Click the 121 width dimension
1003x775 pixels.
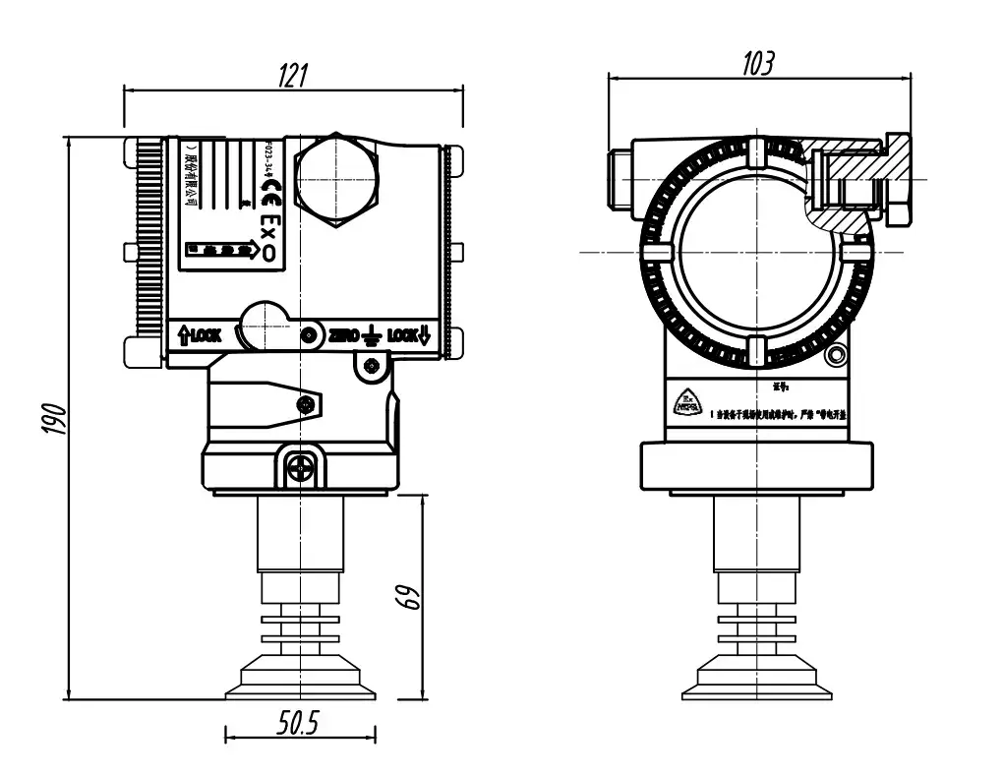tap(293, 75)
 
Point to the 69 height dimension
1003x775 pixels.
tap(410, 596)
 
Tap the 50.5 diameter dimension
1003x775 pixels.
tap(298, 725)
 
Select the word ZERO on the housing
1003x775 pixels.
tap(343, 336)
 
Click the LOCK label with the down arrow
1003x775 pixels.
tap(409, 336)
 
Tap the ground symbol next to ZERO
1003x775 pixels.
tap(371, 336)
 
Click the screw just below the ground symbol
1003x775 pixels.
tap(371, 367)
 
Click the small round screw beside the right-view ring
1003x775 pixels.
tap(837, 355)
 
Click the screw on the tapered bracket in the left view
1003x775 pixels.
tap(310, 403)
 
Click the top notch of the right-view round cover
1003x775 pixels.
tap(755, 153)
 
